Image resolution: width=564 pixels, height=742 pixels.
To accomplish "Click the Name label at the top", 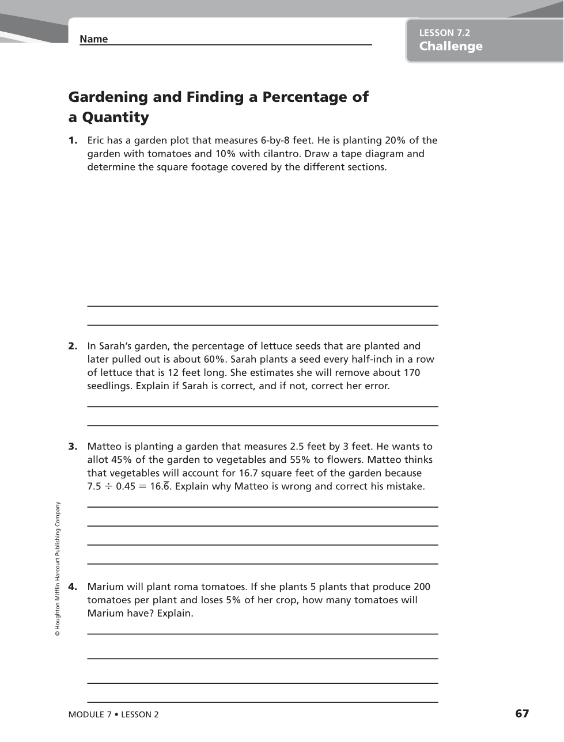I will [93, 39].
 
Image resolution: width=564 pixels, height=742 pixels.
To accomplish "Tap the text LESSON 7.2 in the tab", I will [444, 33].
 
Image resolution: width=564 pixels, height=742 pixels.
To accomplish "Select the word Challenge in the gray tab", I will [451, 47].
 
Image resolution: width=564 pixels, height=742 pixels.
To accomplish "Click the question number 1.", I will [73, 140].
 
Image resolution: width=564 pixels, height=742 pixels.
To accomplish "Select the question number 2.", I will [73, 346].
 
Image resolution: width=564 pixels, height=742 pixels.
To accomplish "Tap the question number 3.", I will [73, 446].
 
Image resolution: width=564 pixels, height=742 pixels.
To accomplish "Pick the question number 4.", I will [73, 587].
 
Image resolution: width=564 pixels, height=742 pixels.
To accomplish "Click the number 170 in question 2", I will [411, 372].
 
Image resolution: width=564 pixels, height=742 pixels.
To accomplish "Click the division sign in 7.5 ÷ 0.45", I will [108, 486].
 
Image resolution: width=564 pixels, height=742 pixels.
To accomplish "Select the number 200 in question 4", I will [421, 587].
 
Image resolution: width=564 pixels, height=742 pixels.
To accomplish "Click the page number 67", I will [522, 714].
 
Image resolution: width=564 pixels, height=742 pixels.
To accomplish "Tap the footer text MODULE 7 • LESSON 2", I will [113, 714].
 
